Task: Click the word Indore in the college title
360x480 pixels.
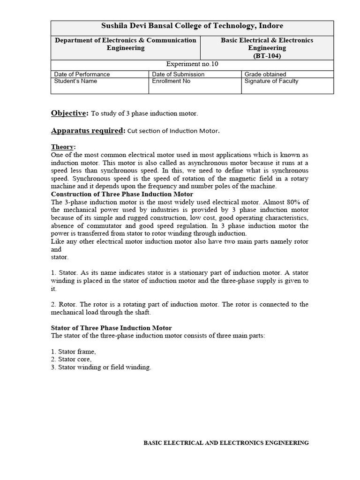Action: coord(271,26)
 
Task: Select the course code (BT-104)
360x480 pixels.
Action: coord(267,55)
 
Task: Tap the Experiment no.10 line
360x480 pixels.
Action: coord(192,64)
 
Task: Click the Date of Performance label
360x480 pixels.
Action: coord(82,74)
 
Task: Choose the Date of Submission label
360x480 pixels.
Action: coord(178,74)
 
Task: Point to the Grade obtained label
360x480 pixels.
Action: coord(265,74)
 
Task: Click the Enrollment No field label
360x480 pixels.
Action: coord(171,81)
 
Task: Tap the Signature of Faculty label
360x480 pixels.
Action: coord(271,81)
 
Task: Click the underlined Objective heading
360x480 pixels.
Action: coord(69,113)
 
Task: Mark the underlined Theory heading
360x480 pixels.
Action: coord(63,147)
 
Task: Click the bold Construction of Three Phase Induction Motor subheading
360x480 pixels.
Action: coord(122,194)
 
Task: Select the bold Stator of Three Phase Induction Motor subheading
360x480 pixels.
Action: coord(111,328)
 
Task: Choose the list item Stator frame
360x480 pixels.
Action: coord(74,352)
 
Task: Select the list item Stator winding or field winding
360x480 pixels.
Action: coord(101,367)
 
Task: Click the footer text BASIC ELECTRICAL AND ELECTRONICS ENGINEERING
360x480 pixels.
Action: coord(226,442)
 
